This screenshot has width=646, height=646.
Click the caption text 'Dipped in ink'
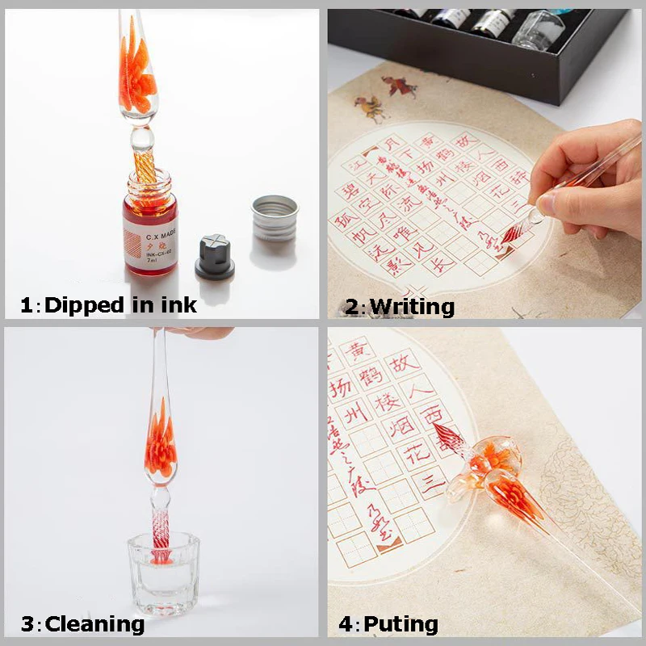120,305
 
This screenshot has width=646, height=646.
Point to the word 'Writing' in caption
411,306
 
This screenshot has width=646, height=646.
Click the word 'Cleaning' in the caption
94,624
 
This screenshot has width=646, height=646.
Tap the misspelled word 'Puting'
401,624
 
